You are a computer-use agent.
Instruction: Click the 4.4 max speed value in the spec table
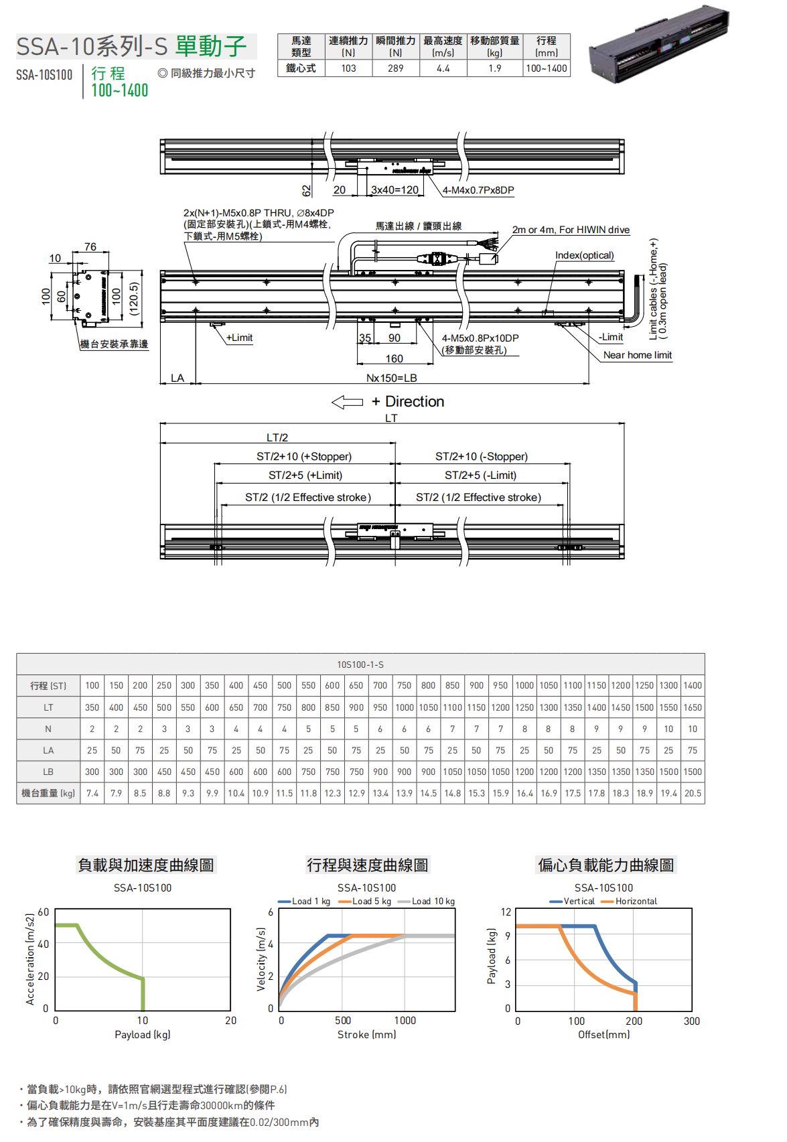click(443, 68)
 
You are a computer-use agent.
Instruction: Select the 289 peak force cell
click(396, 68)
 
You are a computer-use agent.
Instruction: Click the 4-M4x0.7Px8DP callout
click(478, 190)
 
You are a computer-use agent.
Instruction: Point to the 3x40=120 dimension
click(395, 190)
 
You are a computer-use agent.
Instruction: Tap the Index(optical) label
click(584, 255)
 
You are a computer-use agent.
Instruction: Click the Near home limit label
click(637, 355)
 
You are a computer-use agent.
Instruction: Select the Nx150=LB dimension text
click(391, 378)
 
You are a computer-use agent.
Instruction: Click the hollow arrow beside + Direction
click(347, 402)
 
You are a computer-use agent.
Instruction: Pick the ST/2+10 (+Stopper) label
click(304, 456)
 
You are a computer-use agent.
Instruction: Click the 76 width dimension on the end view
click(90, 247)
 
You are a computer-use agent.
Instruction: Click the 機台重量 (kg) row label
click(48, 793)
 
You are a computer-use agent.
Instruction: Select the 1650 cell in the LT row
click(693, 707)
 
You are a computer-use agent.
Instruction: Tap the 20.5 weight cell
click(693, 793)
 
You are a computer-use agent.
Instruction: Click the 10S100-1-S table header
click(360, 664)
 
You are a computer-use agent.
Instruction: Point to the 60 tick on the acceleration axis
click(44, 912)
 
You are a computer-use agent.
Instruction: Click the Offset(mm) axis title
click(603, 1035)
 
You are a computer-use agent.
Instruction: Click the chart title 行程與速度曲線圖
click(367, 865)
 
